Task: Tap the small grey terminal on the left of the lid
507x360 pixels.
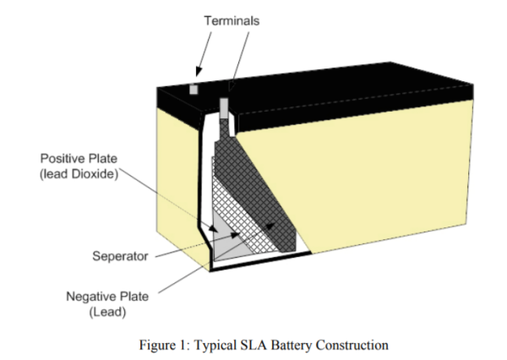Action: coord(193,88)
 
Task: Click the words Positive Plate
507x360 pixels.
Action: coord(79,158)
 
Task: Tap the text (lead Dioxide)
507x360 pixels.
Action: coord(79,174)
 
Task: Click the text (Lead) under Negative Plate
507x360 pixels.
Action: coord(107,312)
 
